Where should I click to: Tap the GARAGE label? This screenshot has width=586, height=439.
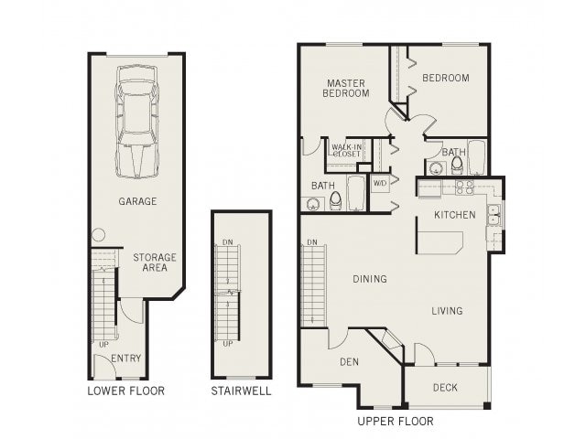(x=136, y=201)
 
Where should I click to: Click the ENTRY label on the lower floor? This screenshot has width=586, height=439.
(x=125, y=358)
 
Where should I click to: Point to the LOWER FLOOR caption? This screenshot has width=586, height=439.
(x=125, y=391)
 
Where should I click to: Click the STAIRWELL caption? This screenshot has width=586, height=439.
(x=240, y=391)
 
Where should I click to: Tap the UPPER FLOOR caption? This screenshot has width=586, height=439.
(x=395, y=422)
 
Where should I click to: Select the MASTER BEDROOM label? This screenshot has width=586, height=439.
(x=348, y=88)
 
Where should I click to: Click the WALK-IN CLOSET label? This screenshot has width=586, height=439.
(x=346, y=150)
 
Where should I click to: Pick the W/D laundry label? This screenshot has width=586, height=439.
(x=380, y=183)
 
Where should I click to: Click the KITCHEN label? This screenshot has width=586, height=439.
(x=454, y=215)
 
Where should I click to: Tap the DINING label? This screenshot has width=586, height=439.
(x=369, y=279)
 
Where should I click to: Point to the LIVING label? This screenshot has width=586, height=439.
(x=447, y=311)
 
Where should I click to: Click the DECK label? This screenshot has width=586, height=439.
(x=445, y=388)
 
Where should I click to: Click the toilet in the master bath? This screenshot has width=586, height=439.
(x=336, y=198)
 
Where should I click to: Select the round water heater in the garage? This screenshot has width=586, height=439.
(x=98, y=237)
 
